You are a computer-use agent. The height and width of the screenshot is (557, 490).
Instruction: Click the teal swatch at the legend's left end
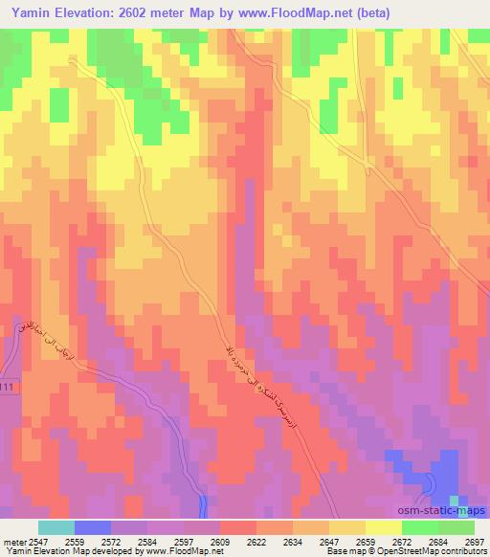pyautogui.click(x=56, y=527)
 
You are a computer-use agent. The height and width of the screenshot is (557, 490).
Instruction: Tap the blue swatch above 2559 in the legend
pyautogui.click(x=93, y=527)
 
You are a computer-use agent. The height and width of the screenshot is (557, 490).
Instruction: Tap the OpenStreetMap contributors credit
pyautogui.click(x=423, y=552)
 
